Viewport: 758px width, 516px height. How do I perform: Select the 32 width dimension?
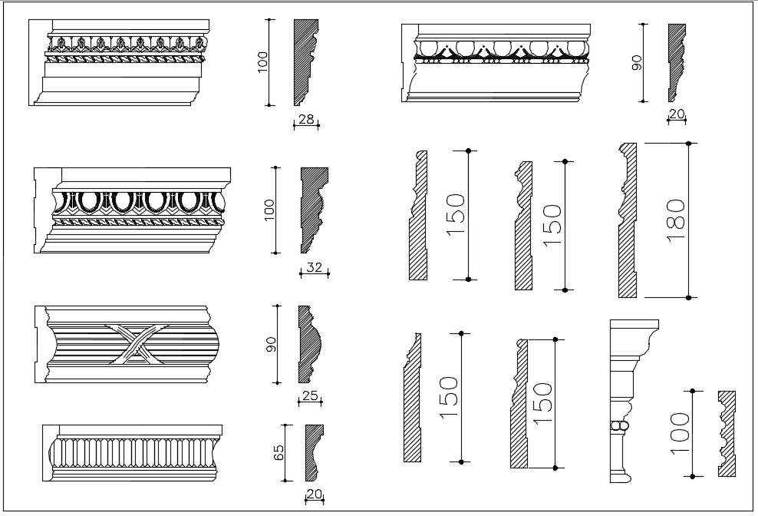coord(314,268)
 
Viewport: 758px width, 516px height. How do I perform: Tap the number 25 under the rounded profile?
coord(310,396)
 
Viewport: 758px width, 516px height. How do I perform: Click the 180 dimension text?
coord(676,220)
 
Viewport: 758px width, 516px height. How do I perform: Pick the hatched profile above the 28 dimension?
coord(304,61)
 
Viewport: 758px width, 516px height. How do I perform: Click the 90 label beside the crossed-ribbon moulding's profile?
coord(271,343)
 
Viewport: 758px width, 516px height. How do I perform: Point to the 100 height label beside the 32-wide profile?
coord(269,209)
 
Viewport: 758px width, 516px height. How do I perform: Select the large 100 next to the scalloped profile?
coord(680,435)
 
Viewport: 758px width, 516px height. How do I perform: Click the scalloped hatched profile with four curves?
coord(726,434)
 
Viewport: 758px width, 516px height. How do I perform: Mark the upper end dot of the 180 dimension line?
coord(689,144)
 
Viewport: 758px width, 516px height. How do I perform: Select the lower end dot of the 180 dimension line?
coord(689,297)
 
